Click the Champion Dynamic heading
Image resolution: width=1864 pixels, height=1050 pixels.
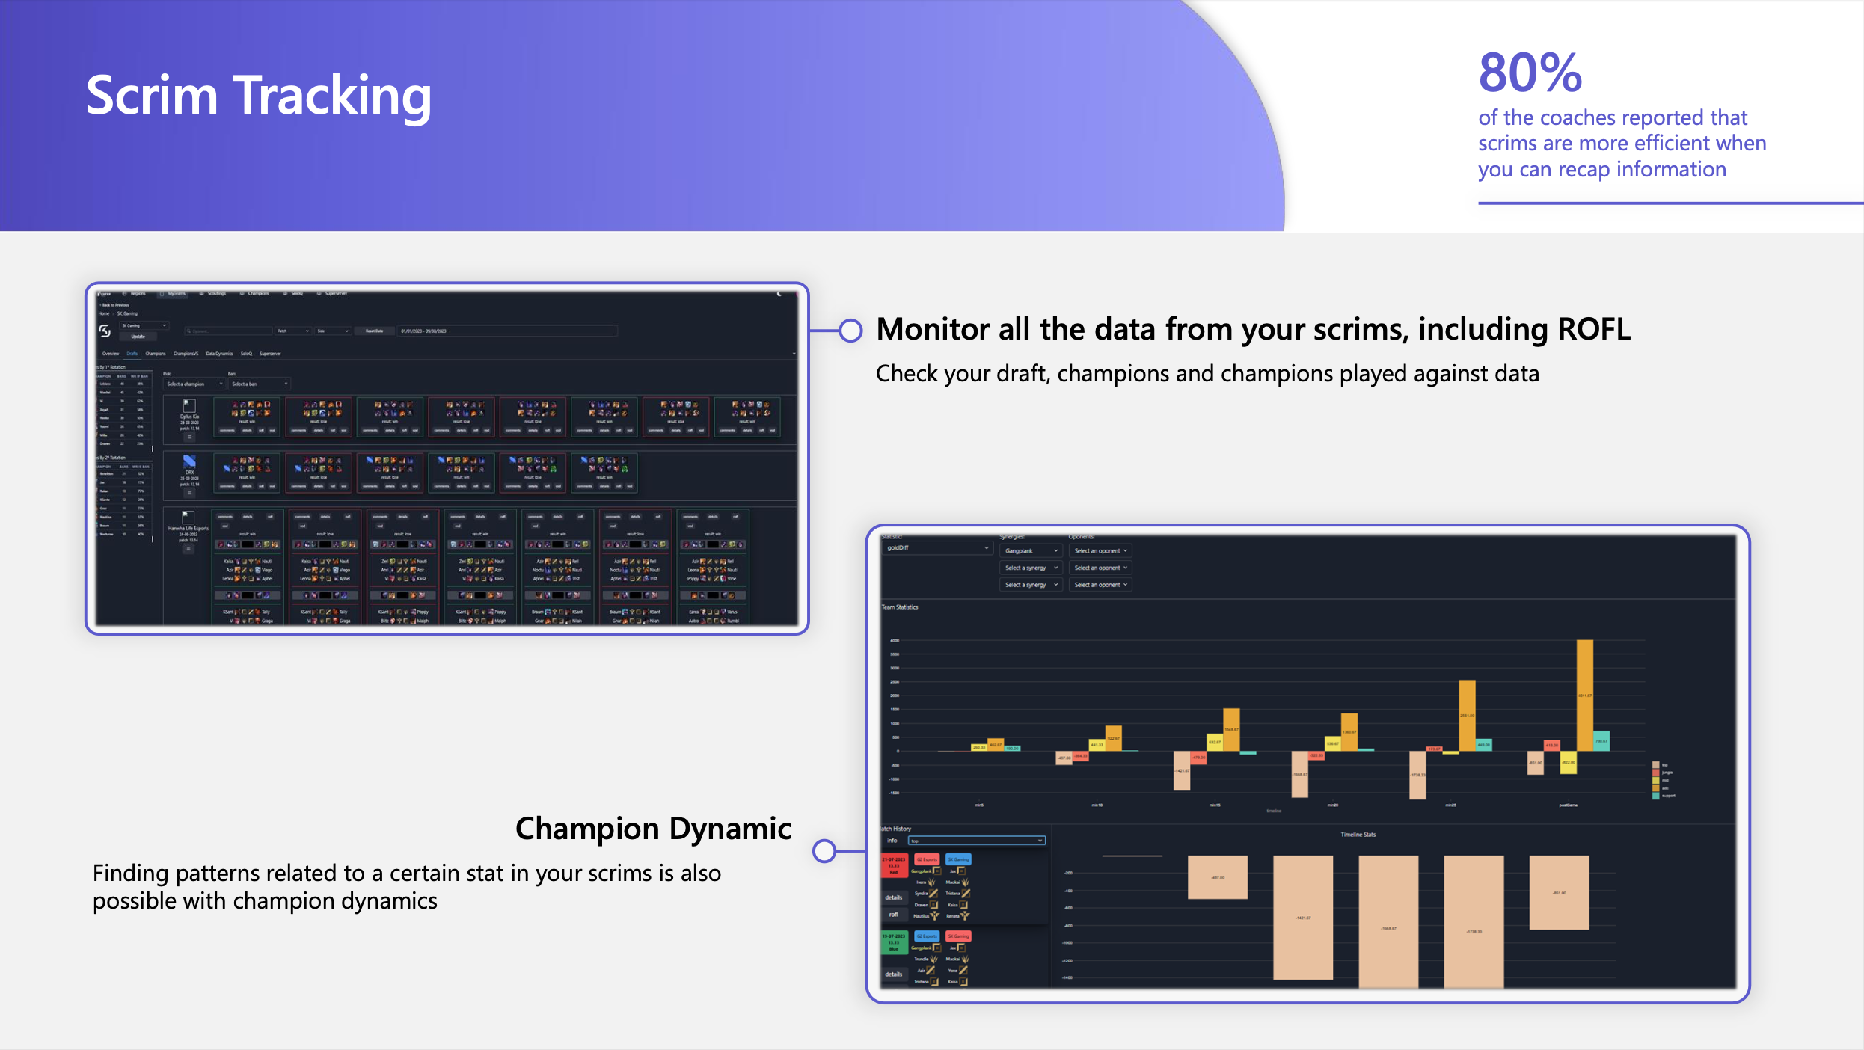coord(653,829)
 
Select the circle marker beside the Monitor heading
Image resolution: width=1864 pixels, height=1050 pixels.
coord(850,331)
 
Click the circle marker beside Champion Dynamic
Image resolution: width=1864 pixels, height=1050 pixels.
coord(824,850)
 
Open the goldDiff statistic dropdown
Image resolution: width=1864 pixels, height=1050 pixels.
coord(936,548)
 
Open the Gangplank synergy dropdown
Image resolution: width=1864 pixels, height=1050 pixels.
coord(1031,551)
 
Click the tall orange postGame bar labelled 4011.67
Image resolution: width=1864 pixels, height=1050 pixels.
coord(1584,695)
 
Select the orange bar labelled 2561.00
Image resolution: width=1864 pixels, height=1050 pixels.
coord(1467,715)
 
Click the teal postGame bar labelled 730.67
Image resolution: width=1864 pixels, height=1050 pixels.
coord(1601,740)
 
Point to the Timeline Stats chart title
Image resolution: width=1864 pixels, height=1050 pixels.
coord(1358,835)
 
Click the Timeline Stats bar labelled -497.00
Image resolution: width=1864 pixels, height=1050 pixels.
coord(1217,877)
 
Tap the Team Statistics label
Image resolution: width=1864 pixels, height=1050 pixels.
coord(900,607)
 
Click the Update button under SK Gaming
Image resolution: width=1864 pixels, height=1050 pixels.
coord(138,337)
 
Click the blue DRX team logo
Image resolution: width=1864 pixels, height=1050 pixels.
coord(189,461)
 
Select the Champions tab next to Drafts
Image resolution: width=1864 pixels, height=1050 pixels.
coord(156,354)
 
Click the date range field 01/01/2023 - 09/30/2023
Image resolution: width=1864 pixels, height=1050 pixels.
coord(424,331)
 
